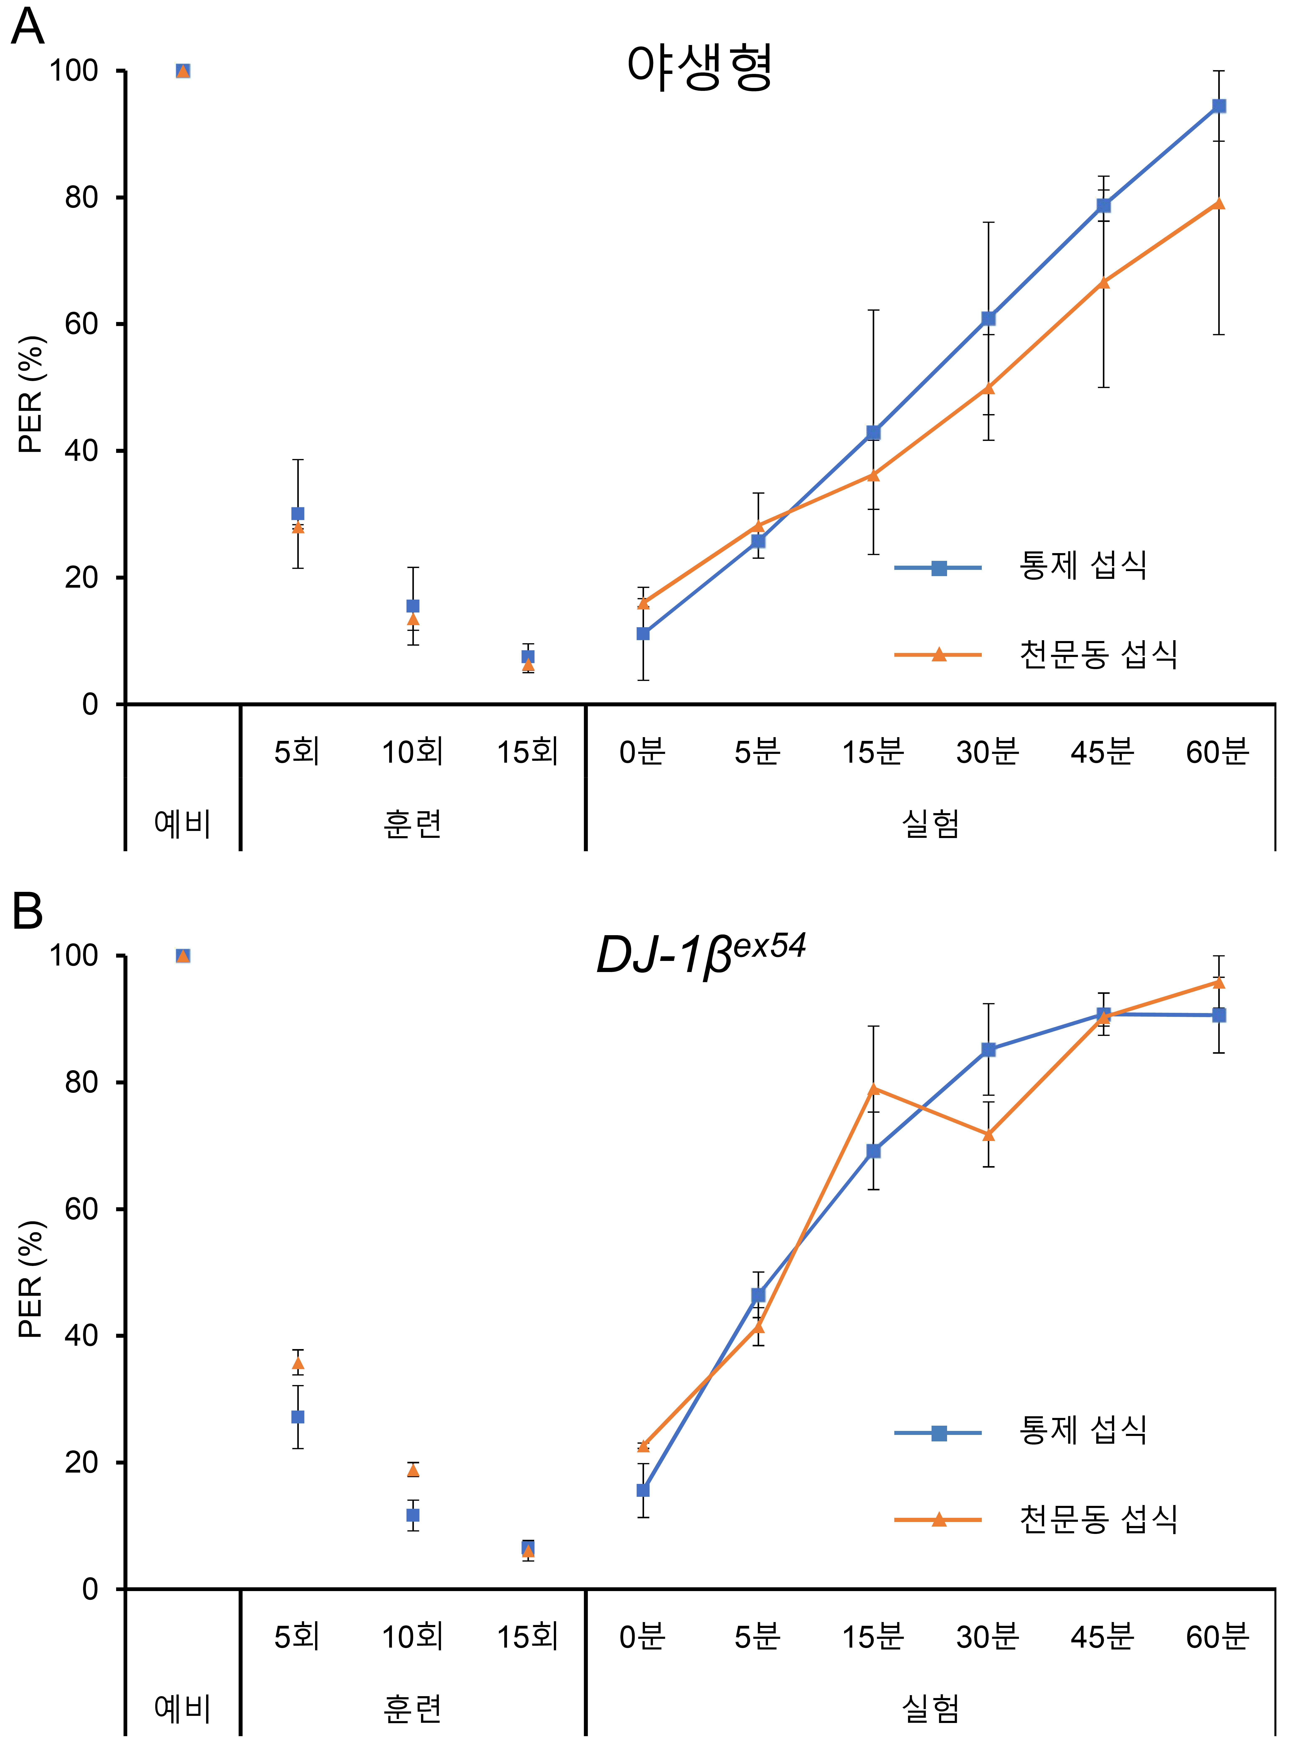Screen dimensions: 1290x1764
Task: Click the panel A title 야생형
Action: coord(700,67)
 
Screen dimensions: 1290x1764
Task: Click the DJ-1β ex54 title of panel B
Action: coord(700,955)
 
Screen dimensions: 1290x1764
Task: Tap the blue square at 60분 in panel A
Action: coord(1218,106)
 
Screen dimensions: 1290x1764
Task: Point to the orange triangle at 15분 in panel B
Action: coord(873,1088)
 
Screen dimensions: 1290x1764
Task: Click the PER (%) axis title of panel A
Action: coord(31,394)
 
